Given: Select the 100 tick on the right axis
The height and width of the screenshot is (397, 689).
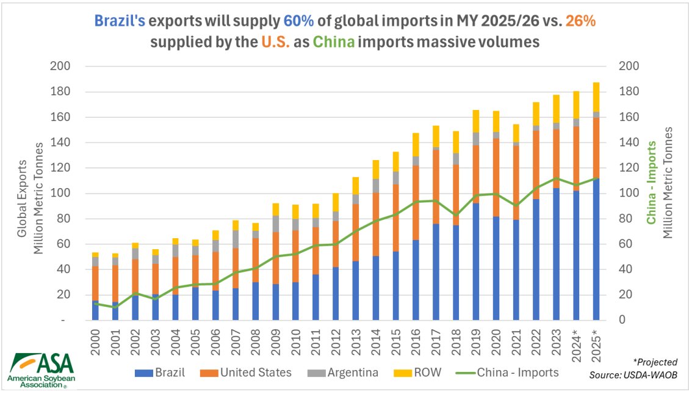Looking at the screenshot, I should point(629,193).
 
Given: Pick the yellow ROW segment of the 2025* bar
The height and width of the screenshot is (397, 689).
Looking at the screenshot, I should point(596,97).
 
